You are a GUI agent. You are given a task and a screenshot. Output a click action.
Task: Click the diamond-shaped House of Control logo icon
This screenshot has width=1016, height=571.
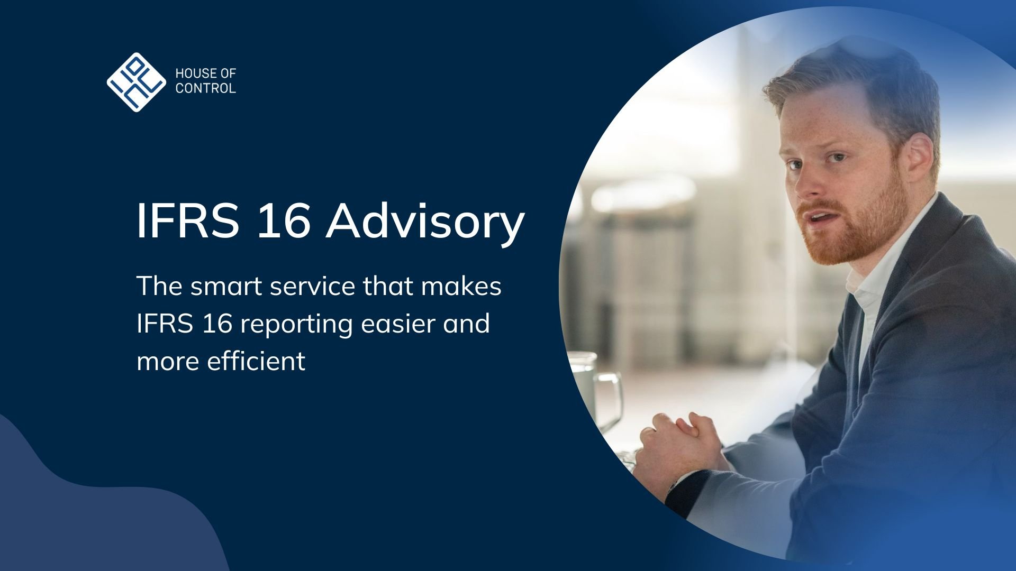(x=137, y=82)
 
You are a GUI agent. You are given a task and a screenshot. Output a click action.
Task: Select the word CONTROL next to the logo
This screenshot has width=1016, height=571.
(x=206, y=88)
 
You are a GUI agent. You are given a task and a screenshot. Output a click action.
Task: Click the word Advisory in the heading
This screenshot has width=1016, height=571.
(x=424, y=221)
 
